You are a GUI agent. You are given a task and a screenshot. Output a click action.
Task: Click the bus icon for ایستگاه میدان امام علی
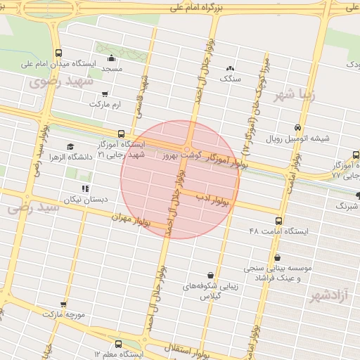click(x=58, y=53)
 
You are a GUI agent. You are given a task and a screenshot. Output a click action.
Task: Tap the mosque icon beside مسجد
click(x=111, y=58)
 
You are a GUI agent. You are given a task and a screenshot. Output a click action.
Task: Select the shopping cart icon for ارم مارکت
click(x=105, y=94)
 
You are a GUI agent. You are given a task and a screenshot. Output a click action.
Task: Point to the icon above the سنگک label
click(x=230, y=68)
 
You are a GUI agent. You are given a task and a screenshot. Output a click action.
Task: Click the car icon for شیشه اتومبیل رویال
click(x=298, y=127)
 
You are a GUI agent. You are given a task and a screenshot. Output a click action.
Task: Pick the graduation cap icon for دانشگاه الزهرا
click(x=70, y=146)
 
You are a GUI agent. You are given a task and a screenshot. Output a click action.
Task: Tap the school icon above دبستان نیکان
click(x=85, y=188)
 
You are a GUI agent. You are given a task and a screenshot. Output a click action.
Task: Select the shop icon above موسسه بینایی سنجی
click(x=278, y=257)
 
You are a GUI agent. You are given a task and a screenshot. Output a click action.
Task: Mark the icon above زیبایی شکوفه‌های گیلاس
click(x=211, y=275)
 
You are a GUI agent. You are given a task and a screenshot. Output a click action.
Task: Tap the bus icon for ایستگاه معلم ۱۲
click(x=117, y=345)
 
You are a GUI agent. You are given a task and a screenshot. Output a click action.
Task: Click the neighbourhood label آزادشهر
click(x=330, y=297)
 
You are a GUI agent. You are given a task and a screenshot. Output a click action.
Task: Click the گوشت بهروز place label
click(x=181, y=153)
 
